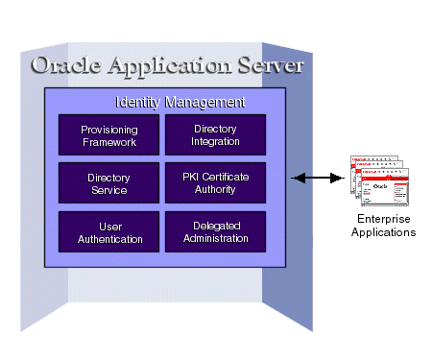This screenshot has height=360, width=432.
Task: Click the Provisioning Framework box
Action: click(108, 135)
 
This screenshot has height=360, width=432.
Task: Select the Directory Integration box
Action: click(216, 135)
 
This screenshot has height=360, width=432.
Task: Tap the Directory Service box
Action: click(108, 183)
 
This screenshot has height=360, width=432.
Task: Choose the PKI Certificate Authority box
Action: click(216, 183)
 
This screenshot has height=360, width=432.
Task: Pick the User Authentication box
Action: click(108, 231)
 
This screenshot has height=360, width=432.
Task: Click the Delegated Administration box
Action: click(216, 231)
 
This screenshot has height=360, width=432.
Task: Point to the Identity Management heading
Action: click(180, 102)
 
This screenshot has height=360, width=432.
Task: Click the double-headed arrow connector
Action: click(318, 178)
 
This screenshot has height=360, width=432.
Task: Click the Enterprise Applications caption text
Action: click(383, 227)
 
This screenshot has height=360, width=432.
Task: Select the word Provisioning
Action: click(108, 130)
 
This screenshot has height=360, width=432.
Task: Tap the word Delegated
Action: click(216, 226)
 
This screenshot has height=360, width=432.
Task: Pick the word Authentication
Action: click(108, 238)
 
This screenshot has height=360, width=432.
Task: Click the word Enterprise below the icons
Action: click(383, 221)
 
